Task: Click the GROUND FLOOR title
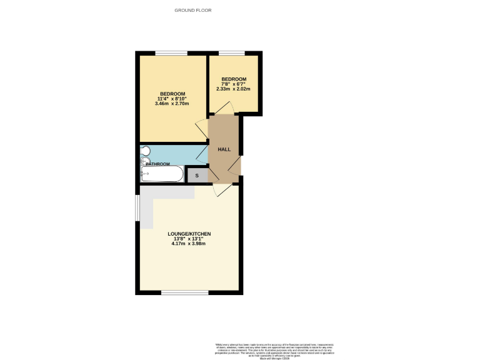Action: [193, 11]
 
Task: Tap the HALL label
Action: [224, 150]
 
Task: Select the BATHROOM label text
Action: [158, 164]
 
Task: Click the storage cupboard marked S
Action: [197, 176]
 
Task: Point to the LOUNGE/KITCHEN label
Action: [189, 234]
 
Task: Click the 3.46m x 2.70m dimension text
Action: [172, 104]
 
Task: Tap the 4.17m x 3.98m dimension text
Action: [189, 244]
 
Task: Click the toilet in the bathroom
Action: [145, 151]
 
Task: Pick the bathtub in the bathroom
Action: [162, 174]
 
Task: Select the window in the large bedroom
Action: [171, 53]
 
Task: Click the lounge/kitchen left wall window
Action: [137, 209]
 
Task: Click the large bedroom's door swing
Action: [201, 129]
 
